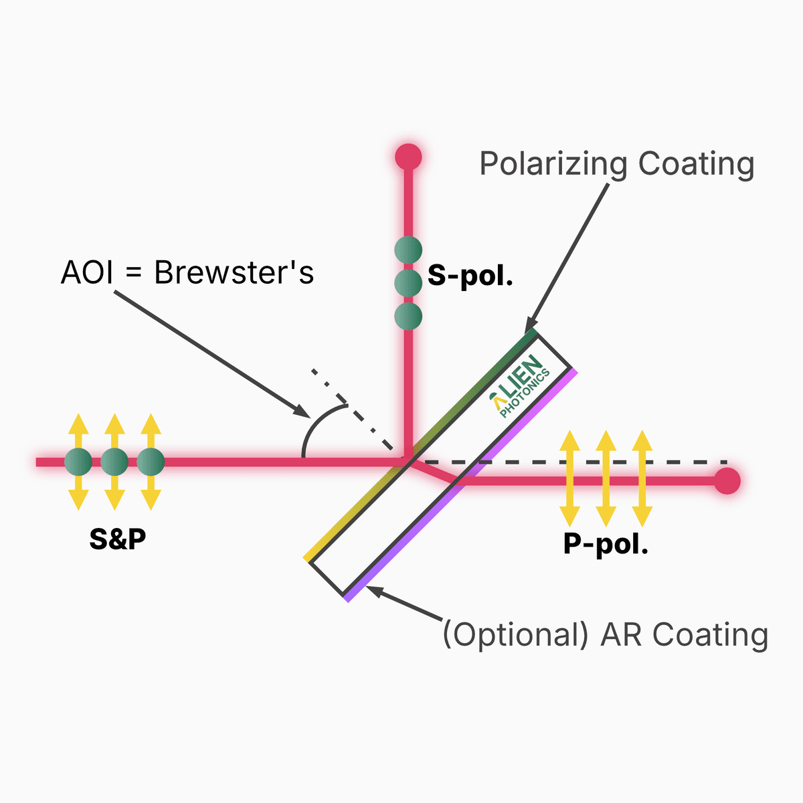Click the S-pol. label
[470, 276]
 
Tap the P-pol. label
[606, 545]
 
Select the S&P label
[118, 539]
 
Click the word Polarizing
[553, 165]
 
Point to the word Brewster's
[234, 272]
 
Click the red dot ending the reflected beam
[408, 157]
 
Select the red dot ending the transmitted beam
[727, 480]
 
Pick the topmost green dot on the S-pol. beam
[408, 250]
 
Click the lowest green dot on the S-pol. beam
[408, 316]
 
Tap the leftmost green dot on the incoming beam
[78, 462]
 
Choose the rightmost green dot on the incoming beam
[151, 462]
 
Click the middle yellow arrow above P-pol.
[606, 478]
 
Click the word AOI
[86, 272]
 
